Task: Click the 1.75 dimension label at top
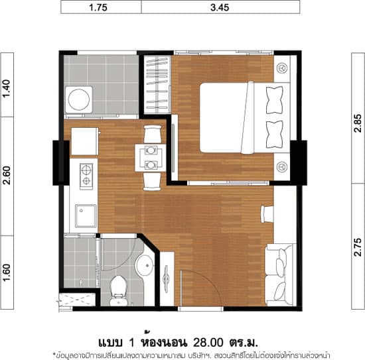[98, 7]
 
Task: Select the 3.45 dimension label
[220, 7]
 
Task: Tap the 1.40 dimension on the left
[7, 89]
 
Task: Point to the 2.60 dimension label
[7, 175]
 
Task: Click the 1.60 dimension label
[7, 272]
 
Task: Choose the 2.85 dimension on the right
[358, 123]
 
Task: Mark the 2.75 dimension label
[358, 247]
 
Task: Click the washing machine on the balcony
[79, 99]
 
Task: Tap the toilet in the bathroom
[118, 290]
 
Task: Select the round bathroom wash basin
[145, 265]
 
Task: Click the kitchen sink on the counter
[86, 216]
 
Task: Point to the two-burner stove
[86, 176]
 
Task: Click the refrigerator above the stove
[85, 141]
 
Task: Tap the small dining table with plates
[151, 158]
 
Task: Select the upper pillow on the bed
[275, 100]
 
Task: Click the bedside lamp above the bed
[282, 68]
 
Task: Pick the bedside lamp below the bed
[282, 167]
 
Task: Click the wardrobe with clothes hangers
[157, 84]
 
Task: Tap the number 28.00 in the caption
[208, 342]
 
